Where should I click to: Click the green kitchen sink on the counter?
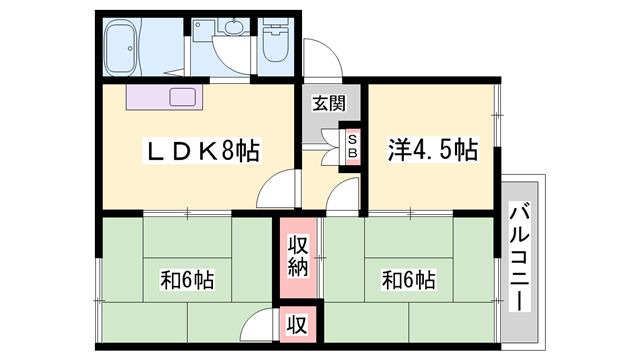tap(184, 98)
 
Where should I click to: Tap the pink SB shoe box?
tap(352, 146)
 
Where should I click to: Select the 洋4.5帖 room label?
tap(431, 151)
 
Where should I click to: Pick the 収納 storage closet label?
tap(298, 255)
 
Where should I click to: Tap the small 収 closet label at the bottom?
tap(298, 324)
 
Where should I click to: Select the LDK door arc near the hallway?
tap(282, 188)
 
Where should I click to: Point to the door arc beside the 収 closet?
tap(261, 324)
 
